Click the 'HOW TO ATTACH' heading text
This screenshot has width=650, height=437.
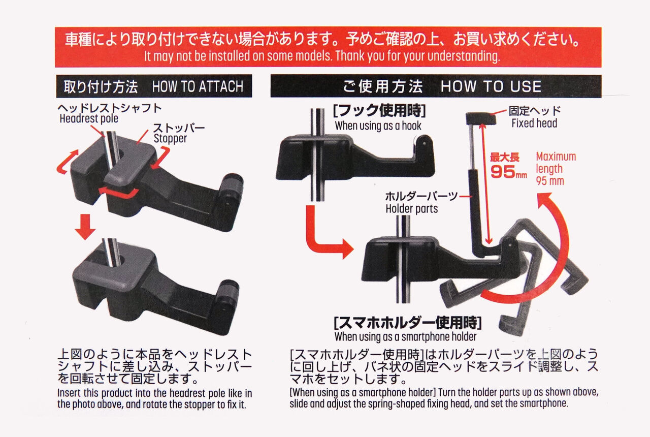click(198, 86)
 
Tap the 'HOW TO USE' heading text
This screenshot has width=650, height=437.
click(491, 86)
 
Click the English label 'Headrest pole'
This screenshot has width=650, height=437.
click(89, 119)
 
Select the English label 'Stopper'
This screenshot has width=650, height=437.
click(170, 139)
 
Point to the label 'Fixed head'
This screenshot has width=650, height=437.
click(534, 123)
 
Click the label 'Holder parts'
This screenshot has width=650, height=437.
click(412, 209)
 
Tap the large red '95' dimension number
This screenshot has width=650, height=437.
click(503, 172)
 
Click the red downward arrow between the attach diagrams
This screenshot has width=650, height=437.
click(85, 227)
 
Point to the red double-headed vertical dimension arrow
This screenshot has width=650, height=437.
click(486, 183)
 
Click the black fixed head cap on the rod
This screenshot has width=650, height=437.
click(481, 118)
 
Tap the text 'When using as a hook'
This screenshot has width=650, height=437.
click(378, 126)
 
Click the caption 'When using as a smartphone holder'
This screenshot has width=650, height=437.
click(405, 337)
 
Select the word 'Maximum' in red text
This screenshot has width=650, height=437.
click(556, 157)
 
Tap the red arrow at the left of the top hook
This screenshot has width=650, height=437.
click(67, 162)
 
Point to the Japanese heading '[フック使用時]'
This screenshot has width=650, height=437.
click(379, 111)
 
